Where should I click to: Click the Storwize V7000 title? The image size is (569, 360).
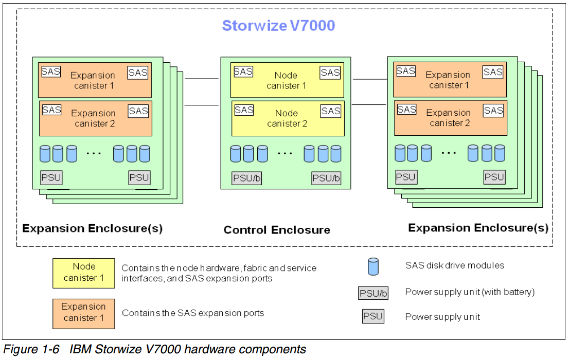click(x=278, y=26)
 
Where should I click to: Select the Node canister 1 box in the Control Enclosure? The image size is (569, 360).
click(x=287, y=81)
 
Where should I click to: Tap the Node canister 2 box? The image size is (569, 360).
click(x=287, y=118)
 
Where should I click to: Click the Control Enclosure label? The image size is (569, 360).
click(x=277, y=230)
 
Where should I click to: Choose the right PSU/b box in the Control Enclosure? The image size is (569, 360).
click(x=326, y=178)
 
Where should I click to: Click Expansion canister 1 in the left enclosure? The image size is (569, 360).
click(x=94, y=80)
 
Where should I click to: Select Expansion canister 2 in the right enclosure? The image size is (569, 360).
click(x=450, y=118)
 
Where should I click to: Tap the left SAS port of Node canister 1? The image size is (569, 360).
click(x=243, y=72)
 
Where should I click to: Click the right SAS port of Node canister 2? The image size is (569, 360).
click(x=331, y=111)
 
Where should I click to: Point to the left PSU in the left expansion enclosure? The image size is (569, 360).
click(x=51, y=178)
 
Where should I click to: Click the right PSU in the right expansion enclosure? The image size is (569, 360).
click(x=494, y=177)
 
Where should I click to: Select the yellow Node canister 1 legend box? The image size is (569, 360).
click(x=84, y=273)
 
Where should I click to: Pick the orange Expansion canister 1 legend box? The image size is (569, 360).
click(x=83, y=313)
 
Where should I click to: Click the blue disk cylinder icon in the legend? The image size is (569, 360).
click(x=373, y=266)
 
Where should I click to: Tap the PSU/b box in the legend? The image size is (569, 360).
click(x=373, y=293)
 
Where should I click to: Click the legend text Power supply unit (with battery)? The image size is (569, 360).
click(x=470, y=292)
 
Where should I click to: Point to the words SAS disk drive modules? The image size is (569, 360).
click(x=455, y=265)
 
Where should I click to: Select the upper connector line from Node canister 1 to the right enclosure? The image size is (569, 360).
click(x=369, y=80)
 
